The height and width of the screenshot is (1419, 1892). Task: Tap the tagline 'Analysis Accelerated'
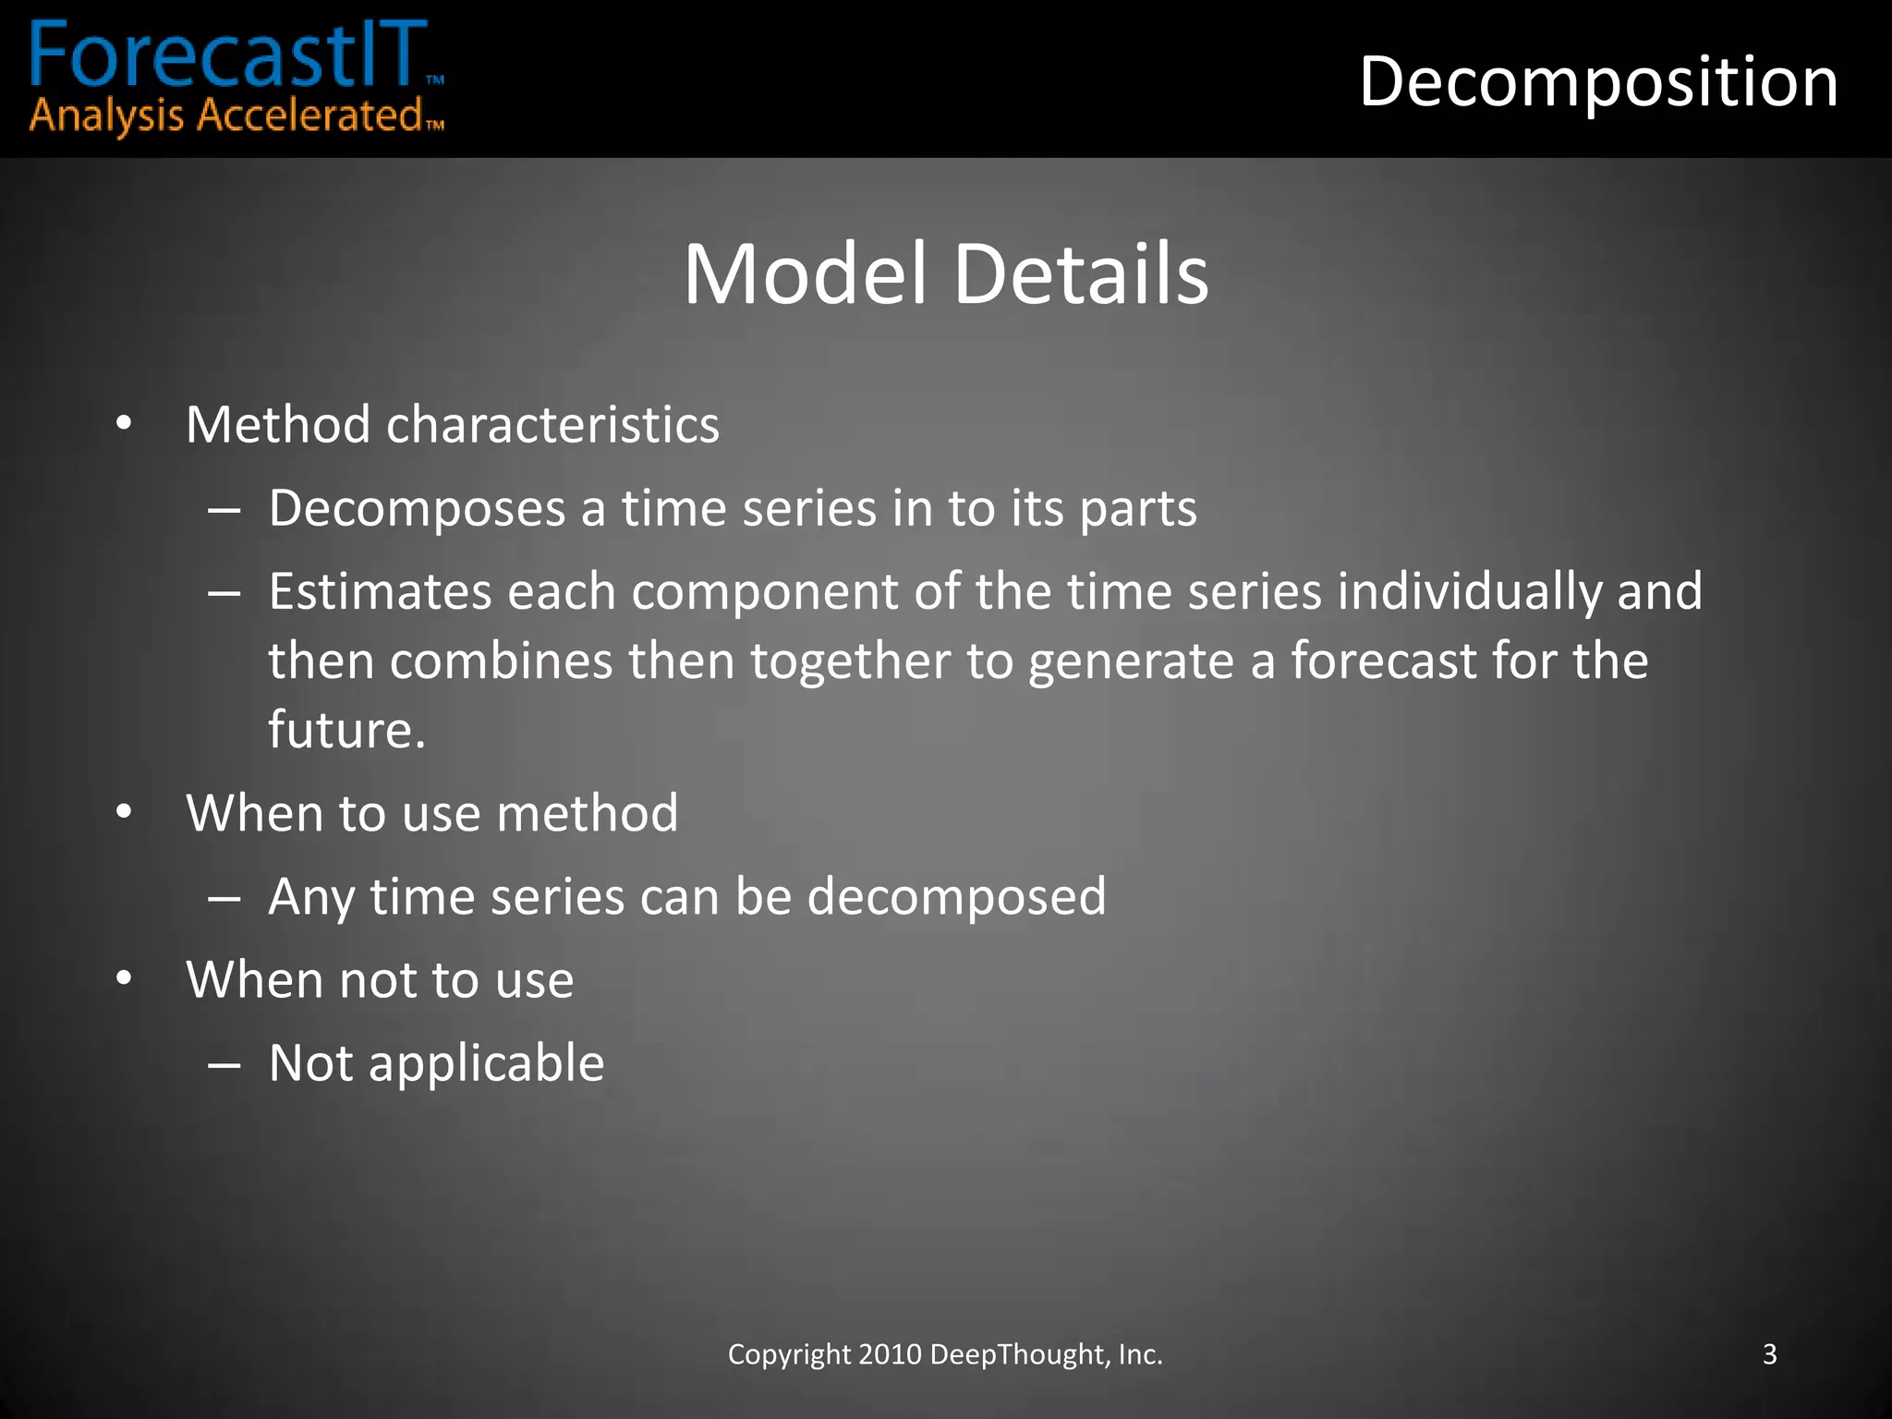(225, 117)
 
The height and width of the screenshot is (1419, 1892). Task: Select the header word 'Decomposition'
(1598, 82)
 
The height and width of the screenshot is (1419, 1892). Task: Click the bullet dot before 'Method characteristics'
(124, 424)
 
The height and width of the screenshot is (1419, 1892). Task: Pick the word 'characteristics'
(552, 425)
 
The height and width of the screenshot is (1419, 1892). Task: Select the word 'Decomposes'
(417, 509)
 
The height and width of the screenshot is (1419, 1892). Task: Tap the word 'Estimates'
(379, 591)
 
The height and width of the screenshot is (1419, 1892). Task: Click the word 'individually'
(1470, 592)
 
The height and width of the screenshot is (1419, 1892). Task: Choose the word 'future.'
(346, 730)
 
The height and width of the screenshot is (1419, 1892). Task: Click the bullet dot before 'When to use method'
(124, 813)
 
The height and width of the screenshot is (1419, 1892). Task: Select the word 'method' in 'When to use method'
(587, 814)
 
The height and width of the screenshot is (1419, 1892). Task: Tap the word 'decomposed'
(956, 897)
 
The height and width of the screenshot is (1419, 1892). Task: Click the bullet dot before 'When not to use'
(124, 979)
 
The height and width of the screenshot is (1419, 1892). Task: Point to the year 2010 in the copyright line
(890, 1354)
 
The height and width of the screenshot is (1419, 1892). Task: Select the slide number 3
(1769, 1354)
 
